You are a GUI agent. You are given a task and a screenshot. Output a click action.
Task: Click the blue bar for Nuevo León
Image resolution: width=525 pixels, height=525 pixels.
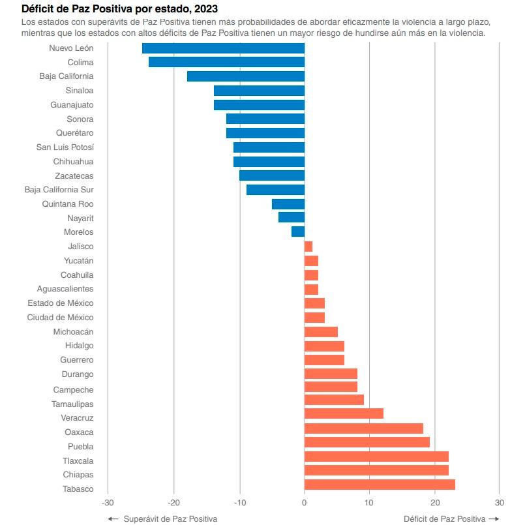click(223, 48)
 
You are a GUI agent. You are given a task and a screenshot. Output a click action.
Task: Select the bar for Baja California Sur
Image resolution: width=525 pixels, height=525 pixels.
click(275, 190)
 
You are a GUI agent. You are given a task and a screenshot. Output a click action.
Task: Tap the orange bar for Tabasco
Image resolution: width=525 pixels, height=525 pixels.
click(380, 485)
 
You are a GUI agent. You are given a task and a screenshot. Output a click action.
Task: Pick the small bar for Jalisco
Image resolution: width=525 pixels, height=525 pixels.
click(308, 247)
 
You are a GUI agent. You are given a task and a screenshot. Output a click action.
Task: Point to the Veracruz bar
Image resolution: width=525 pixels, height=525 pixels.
click(344, 413)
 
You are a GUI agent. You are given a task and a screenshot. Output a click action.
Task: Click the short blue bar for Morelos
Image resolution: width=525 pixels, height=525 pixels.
click(298, 232)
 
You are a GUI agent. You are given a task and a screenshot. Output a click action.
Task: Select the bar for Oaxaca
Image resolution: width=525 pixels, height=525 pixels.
click(363, 428)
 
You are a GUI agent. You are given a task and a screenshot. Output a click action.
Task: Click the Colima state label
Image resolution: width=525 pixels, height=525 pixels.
click(80, 63)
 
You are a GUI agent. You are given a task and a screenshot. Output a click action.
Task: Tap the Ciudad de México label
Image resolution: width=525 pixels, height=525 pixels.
click(60, 318)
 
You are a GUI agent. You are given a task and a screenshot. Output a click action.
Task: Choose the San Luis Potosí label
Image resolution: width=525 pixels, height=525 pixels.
click(65, 147)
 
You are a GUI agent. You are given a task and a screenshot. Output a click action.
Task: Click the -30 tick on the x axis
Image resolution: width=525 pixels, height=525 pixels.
click(108, 503)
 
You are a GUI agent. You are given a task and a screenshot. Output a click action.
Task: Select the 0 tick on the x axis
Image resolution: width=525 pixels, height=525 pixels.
click(305, 503)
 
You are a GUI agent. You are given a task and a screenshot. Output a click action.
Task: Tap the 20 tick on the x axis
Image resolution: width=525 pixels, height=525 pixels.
click(434, 503)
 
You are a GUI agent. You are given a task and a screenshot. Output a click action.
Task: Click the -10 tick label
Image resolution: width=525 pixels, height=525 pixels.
click(239, 503)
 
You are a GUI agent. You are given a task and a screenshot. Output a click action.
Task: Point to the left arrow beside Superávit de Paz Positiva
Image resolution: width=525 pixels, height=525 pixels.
click(113, 518)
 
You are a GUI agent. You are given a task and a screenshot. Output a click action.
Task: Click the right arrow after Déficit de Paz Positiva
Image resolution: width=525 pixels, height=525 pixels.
click(494, 518)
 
